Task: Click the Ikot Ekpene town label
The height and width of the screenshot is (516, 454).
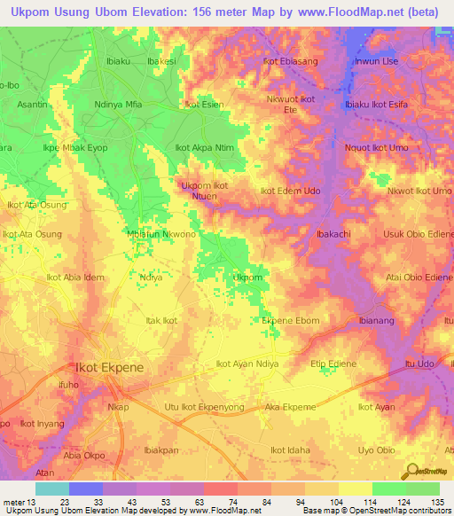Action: (107, 366)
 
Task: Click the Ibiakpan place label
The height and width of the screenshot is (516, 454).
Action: (160, 450)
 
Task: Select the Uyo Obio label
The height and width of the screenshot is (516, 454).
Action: (376, 450)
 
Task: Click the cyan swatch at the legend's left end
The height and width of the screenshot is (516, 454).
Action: (52, 489)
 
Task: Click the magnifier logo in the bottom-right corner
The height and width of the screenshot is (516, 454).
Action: (411, 469)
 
